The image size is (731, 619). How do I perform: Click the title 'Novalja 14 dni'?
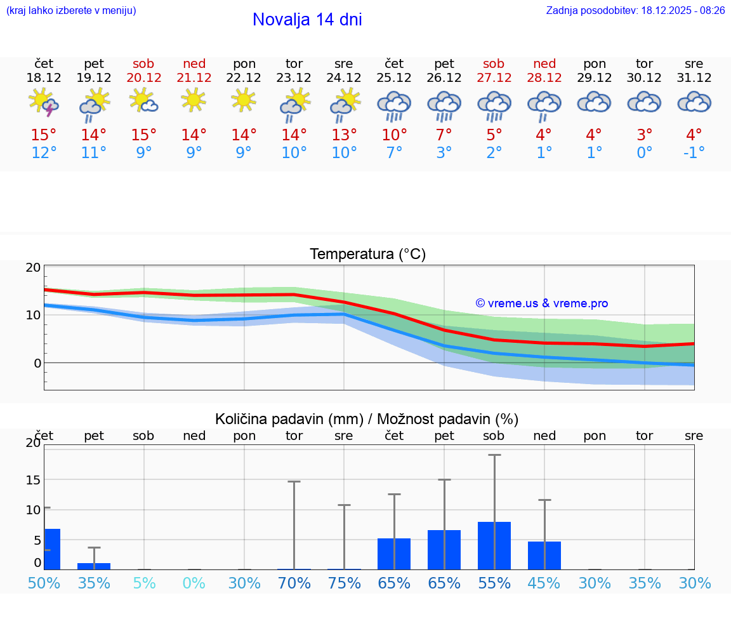pyautogui.click(x=307, y=20)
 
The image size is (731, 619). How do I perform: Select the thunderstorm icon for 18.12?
pyautogui.click(x=44, y=103)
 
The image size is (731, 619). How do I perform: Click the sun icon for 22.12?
pyautogui.click(x=244, y=100)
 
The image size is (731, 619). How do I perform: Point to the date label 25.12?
pyautogui.click(x=394, y=78)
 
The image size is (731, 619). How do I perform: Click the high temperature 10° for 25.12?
pyautogui.click(x=394, y=135)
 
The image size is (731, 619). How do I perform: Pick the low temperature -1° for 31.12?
pyautogui.click(x=694, y=153)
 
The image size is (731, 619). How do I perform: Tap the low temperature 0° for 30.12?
pyautogui.click(x=645, y=153)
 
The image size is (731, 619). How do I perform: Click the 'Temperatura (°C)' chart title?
pyautogui.click(x=367, y=255)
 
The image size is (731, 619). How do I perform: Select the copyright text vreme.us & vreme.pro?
pyautogui.click(x=542, y=303)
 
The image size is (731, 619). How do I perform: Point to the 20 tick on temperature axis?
pyautogui.click(x=33, y=267)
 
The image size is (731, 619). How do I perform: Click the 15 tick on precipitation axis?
pyautogui.click(x=33, y=480)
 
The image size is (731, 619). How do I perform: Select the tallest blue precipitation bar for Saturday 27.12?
pyautogui.click(x=494, y=545)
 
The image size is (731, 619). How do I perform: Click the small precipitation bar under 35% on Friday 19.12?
pyautogui.click(x=94, y=566)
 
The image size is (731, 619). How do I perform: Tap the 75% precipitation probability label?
pyautogui.click(x=344, y=583)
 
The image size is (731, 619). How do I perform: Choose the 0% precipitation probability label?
pyautogui.click(x=194, y=583)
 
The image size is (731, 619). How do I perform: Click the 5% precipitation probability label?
pyautogui.click(x=144, y=583)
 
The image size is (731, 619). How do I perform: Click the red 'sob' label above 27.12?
pyautogui.click(x=494, y=63)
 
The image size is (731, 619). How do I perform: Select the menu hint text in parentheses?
pyautogui.click(x=71, y=11)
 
